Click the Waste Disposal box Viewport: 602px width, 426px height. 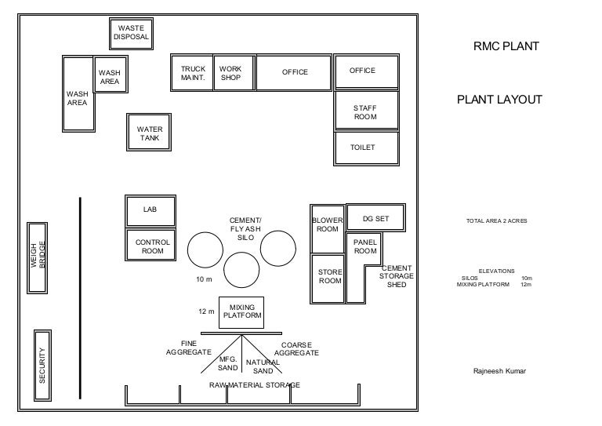pos(130,33)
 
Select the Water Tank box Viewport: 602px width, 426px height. pos(149,133)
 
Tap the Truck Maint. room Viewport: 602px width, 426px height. pos(192,73)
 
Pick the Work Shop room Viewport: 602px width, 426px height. pos(234,73)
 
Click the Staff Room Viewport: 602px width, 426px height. pos(365,111)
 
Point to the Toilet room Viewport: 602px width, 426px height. pos(365,148)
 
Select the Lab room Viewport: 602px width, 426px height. pos(150,210)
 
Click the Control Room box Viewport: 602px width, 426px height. pos(151,246)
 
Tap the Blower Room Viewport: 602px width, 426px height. pos(328,225)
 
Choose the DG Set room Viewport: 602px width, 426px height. pos(375,218)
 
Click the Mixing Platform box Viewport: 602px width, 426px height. pos(241,312)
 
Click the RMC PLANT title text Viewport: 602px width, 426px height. pos(506,46)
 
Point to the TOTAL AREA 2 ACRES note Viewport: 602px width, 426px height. pos(496,221)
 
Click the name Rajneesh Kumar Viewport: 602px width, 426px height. pos(499,371)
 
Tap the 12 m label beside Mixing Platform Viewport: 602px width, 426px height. pos(206,311)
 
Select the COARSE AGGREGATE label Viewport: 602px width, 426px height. pos(299,349)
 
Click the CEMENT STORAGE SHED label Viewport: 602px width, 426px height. pos(397,276)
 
